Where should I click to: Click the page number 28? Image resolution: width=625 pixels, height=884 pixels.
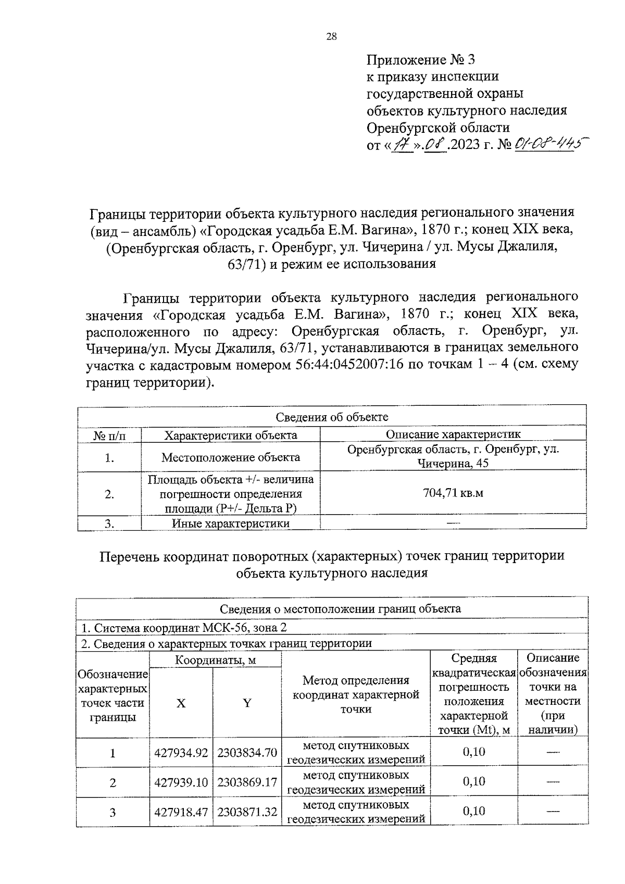pyautogui.click(x=331, y=36)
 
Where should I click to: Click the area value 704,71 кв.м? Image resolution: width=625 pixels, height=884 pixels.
pyautogui.click(x=453, y=493)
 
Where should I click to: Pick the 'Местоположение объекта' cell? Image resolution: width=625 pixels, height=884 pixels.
pyautogui.click(x=230, y=457)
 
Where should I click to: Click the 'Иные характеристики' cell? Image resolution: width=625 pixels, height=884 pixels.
pyautogui.click(x=230, y=524)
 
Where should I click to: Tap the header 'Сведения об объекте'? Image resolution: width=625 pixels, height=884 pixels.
pyautogui.click(x=332, y=417)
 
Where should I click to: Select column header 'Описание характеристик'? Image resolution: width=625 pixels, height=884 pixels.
pyautogui.click(x=453, y=434)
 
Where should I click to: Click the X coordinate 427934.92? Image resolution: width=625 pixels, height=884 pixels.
pyautogui.click(x=181, y=753)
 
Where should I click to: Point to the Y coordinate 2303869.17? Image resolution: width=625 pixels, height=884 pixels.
pyautogui.click(x=247, y=782)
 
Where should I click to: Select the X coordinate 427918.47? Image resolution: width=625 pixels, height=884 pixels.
pyautogui.click(x=181, y=812)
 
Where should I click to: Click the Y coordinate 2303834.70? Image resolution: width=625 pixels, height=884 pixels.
pyautogui.click(x=247, y=753)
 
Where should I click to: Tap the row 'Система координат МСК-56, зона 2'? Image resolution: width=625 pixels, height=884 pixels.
pyautogui.click(x=183, y=628)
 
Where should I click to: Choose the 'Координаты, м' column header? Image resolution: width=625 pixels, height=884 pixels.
pyautogui.click(x=215, y=661)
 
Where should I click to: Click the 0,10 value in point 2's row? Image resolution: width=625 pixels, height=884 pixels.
pyautogui.click(x=474, y=781)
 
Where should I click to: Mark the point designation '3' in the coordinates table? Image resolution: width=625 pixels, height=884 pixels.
pyautogui.click(x=113, y=812)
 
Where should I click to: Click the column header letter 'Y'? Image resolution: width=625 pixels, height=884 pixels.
pyautogui.click(x=247, y=703)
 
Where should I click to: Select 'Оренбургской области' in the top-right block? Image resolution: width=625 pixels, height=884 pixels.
pyautogui.click(x=438, y=128)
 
